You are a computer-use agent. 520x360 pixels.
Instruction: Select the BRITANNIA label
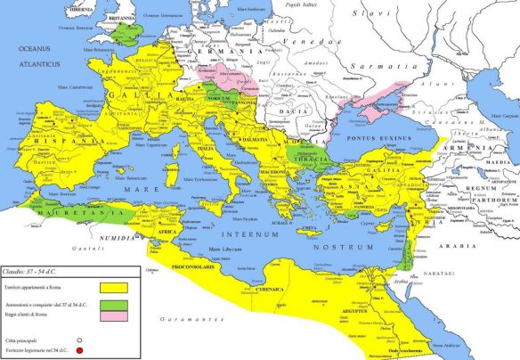pos(118,15)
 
